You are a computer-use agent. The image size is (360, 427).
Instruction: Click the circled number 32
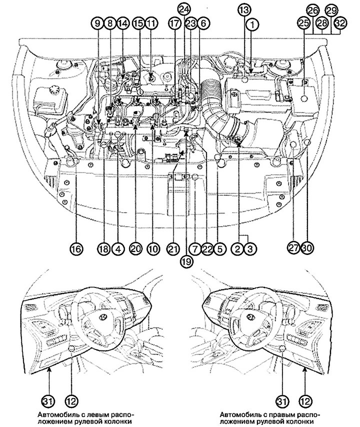coord(340,23)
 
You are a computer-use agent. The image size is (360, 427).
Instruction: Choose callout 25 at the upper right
coord(303,23)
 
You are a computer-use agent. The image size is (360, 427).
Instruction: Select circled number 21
coord(172,248)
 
